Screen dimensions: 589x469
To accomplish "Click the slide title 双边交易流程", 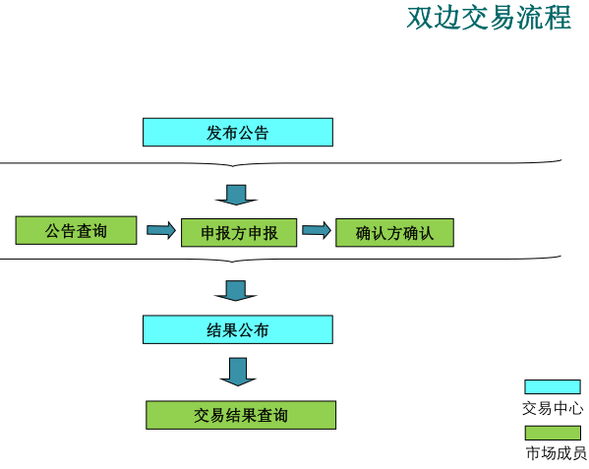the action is pos(489,18).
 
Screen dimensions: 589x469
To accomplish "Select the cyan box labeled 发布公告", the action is pos(238,132).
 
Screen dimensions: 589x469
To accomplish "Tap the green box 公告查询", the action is pos(76,230).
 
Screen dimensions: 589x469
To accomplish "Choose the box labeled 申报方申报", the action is pos(239,232).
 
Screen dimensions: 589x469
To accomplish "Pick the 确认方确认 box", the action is pos(394,232).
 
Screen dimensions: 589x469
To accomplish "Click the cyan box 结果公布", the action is pos(238,329).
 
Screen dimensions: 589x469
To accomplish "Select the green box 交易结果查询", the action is pos(241,415).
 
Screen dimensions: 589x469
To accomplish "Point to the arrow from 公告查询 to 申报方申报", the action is pos(161,230).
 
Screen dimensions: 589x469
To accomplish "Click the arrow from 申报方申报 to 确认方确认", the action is pos(317,230).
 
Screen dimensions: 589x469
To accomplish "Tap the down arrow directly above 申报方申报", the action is pos(236,195).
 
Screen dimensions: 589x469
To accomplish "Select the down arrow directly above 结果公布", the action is pos(236,291).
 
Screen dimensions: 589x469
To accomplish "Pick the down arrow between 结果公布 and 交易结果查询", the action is pos(238,372).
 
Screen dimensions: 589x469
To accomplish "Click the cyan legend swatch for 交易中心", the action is pos(553,386).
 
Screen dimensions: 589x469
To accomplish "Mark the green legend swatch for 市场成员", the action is pos(553,433).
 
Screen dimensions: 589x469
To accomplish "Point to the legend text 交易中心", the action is pos(553,408).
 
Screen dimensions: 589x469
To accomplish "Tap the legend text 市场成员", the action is pos(556,453).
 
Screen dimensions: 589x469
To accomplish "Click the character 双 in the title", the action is pos(420,18).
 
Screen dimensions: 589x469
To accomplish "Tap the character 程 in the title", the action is pos(558,18).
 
